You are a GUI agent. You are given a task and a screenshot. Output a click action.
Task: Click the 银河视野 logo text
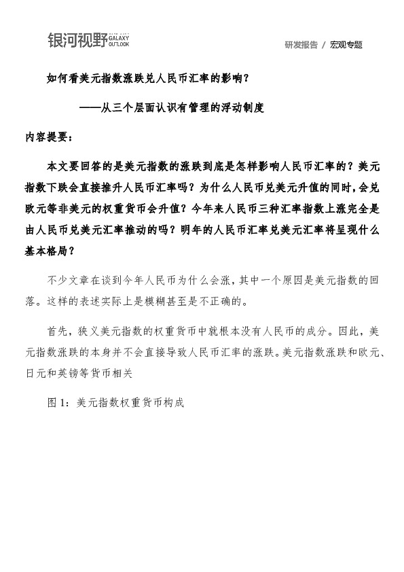[77, 40]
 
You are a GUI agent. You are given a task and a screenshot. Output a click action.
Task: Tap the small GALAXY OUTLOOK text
[118, 40]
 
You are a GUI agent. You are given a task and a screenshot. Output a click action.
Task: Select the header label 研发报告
[301, 45]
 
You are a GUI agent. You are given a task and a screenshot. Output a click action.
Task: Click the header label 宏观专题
[346, 45]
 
